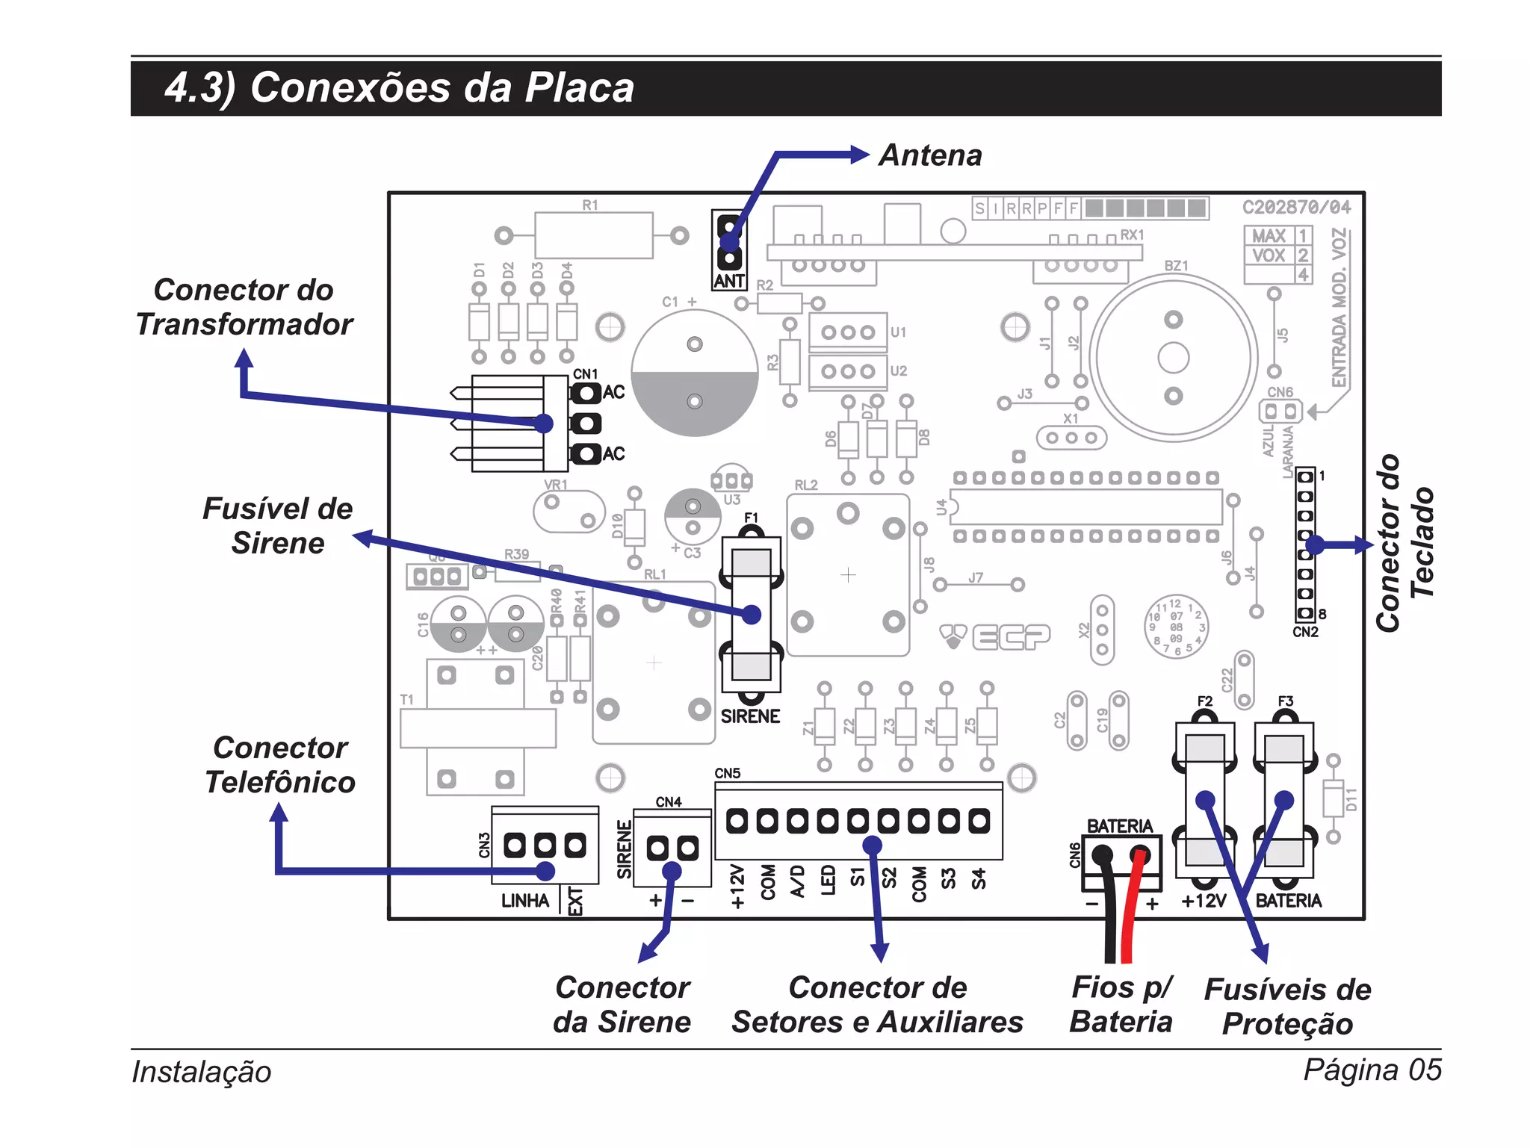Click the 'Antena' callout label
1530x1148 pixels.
pos(930,155)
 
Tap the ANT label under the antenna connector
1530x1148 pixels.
pos(729,281)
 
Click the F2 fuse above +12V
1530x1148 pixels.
pos(1204,799)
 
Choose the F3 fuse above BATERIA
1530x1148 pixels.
pos(1283,799)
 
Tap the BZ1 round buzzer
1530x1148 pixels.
pos(1173,358)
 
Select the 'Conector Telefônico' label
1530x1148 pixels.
pos(280,765)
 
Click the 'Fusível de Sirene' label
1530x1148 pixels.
pos(277,526)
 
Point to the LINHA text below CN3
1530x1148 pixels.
pos(524,901)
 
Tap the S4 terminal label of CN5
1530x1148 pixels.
pos(979,879)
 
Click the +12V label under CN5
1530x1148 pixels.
pos(737,887)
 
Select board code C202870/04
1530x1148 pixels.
pos(1296,207)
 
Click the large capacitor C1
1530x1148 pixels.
pos(694,373)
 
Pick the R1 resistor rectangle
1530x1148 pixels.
pos(593,235)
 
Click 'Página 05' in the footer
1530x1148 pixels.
pos(1372,1070)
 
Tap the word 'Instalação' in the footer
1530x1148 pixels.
pos(202,1071)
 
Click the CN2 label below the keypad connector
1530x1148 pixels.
pos(1305,632)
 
